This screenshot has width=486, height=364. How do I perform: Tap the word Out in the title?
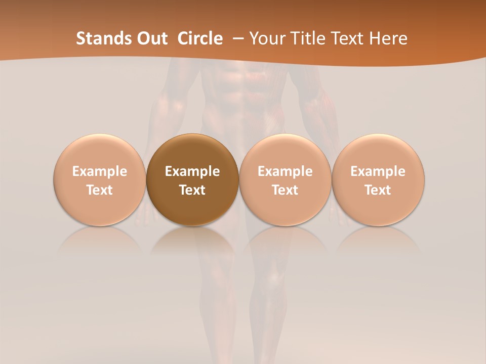(151, 38)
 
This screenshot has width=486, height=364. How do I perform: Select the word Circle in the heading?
(200, 38)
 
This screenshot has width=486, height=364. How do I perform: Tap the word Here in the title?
(388, 38)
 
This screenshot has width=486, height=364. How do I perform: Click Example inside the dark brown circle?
(192, 171)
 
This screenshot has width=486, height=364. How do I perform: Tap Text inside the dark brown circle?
(192, 190)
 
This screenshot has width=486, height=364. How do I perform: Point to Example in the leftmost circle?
(99, 171)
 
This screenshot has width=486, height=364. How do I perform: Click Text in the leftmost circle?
(99, 190)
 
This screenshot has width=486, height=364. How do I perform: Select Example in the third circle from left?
(285, 171)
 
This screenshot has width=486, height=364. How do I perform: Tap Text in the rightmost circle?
(378, 190)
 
